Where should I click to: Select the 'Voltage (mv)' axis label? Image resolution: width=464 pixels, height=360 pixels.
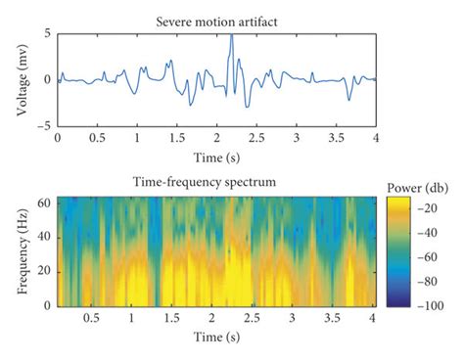(22, 79)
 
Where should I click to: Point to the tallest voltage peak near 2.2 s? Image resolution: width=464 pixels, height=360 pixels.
(231, 36)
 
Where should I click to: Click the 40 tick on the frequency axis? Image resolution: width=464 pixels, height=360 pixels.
(45, 238)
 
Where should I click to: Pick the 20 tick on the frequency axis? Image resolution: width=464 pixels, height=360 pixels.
(45, 271)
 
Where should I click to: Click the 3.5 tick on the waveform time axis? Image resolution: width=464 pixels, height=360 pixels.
(337, 139)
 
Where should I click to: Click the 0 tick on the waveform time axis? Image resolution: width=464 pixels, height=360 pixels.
(58, 139)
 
